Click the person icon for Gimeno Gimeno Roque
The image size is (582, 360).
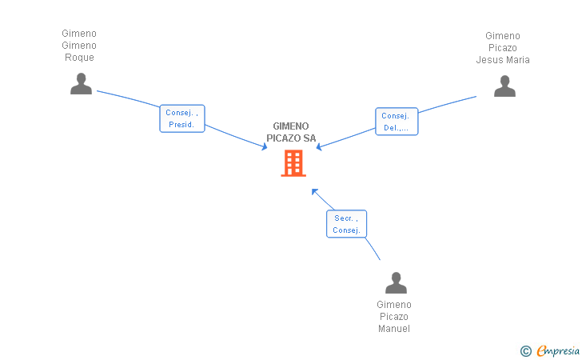point(81,83)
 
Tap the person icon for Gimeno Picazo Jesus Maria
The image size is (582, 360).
point(504,86)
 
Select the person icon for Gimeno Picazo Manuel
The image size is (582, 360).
point(396,282)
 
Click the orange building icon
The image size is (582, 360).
point(293,163)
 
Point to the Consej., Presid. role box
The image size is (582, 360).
point(182,118)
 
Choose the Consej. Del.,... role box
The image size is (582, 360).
point(397,122)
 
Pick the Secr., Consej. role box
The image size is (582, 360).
point(346,224)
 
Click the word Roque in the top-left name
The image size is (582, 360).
point(79,58)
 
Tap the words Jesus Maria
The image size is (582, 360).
point(503,60)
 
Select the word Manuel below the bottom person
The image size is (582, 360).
point(394,329)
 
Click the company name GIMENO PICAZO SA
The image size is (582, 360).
point(291,132)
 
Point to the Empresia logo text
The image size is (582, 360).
point(558,350)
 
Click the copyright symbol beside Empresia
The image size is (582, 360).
point(525,351)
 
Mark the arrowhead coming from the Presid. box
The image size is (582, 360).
point(265,146)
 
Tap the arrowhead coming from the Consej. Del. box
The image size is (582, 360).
point(319,147)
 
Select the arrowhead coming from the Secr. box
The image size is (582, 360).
point(314,192)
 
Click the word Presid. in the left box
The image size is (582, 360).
point(181,125)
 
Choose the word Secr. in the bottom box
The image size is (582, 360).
point(343,218)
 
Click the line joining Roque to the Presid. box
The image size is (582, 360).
point(128,98)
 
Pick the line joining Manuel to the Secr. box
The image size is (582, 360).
point(373,249)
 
